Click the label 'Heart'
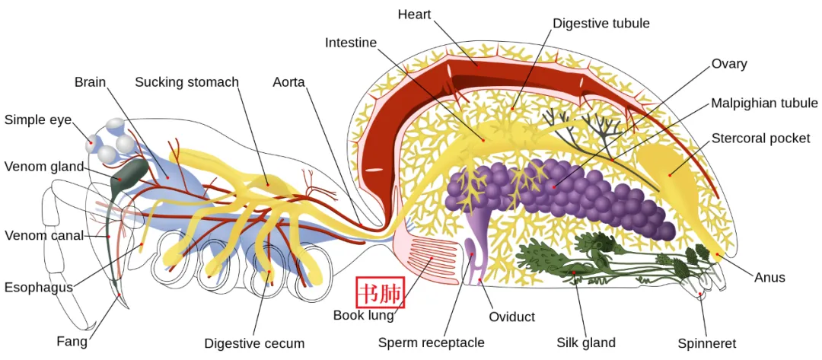[x=414, y=14]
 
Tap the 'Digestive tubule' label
[x=601, y=24]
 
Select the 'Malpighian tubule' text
[x=764, y=104]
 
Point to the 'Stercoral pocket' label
[x=760, y=139]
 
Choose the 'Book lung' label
[x=364, y=315]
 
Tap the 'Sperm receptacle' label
[x=431, y=343]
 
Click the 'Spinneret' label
[x=706, y=344]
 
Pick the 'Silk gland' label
[x=585, y=343]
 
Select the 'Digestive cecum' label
[x=254, y=344]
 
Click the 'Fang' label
[x=72, y=342]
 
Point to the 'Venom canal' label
[x=44, y=236]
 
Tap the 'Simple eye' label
[x=38, y=120]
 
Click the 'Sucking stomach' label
[x=186, y=82]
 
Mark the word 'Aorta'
[x=288, y=82]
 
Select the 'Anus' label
[x=769, y=277]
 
